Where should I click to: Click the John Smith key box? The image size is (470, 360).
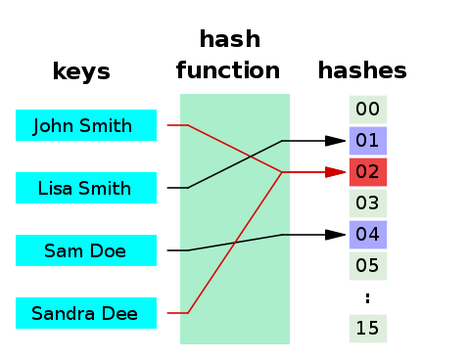point(86,125)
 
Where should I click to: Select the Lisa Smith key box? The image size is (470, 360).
point(86,188)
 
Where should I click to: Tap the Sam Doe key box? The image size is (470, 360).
point(86,250)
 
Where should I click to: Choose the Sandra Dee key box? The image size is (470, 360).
point(86,313)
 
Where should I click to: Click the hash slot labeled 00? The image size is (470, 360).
point(368,110)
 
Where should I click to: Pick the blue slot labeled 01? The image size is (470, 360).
point(368,141)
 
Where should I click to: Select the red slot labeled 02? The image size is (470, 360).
point(368,172)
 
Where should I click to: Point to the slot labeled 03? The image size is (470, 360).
point(368,203)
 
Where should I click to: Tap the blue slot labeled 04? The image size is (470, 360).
point(368,235)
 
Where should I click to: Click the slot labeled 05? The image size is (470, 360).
point(368,266)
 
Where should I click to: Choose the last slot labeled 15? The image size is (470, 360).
point(368,329)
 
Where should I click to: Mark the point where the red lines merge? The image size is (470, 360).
point(282,172)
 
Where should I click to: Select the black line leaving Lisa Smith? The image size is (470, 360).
point(235,163)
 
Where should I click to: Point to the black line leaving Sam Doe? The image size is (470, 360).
point(235,243)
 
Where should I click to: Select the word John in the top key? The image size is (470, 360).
point(55,126)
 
